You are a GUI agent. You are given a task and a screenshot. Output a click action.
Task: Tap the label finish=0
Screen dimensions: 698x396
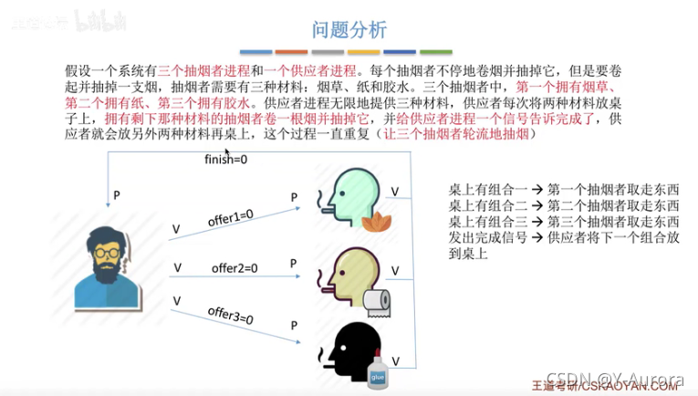pos(224,162)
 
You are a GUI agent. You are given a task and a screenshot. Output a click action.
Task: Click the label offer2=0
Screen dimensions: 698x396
pos(234,268)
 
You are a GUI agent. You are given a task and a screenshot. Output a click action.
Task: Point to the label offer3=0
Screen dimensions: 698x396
pos(231,316)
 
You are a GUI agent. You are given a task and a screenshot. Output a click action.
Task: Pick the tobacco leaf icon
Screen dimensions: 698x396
pos(373,220)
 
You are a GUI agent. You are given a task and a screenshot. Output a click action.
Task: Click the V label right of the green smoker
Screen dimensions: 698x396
pos(394,191)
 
